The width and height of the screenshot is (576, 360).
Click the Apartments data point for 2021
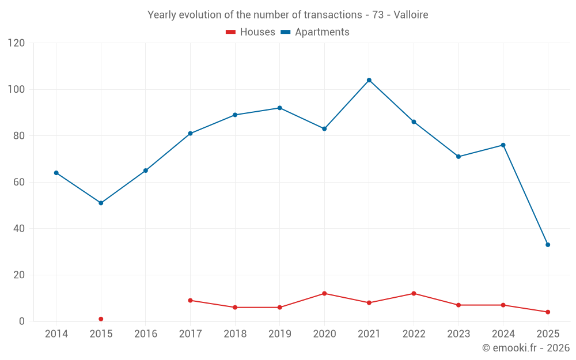pyautogui.click(x=369, y=80)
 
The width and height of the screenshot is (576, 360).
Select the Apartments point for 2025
pyautogui.click(x=548, y=245)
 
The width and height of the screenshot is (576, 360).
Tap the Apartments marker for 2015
pyautogui.click(x=101, y=203)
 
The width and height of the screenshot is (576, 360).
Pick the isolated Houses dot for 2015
pyautogui.click(x=101, y=319)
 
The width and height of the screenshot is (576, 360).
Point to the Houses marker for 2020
pyautogui.click(x=324, y=293)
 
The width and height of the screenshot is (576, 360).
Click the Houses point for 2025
pyautogui.click(x=548, y=312)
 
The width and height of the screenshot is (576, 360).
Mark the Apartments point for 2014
pyautogui.click(x=56, y=173)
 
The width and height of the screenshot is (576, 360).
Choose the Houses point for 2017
pyautogui.click(x=190, y=300)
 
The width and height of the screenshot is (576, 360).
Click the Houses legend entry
pyautogui.click(x=251, y=32)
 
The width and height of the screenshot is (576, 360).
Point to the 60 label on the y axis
pyautogui.click(x=20, y=182)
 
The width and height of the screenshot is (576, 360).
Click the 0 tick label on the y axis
pyautogui.click(x=22, y=321)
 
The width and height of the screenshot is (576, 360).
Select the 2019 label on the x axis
pyautogui.click(x=279, y=334)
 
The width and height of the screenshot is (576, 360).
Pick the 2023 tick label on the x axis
pyautogui.click(x=458, y=334)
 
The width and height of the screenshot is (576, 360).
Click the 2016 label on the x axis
pyautogui.click(x=146, y=334)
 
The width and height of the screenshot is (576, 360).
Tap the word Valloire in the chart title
pyautogui.click(x=411, y=15)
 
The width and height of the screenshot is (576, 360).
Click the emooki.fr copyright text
pyautogui.click(x=526, y=348)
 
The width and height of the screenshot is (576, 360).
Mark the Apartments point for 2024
pyautogui.click(x=503, y=145)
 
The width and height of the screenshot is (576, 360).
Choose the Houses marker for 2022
pyautogui.click(x=414, y=293)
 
